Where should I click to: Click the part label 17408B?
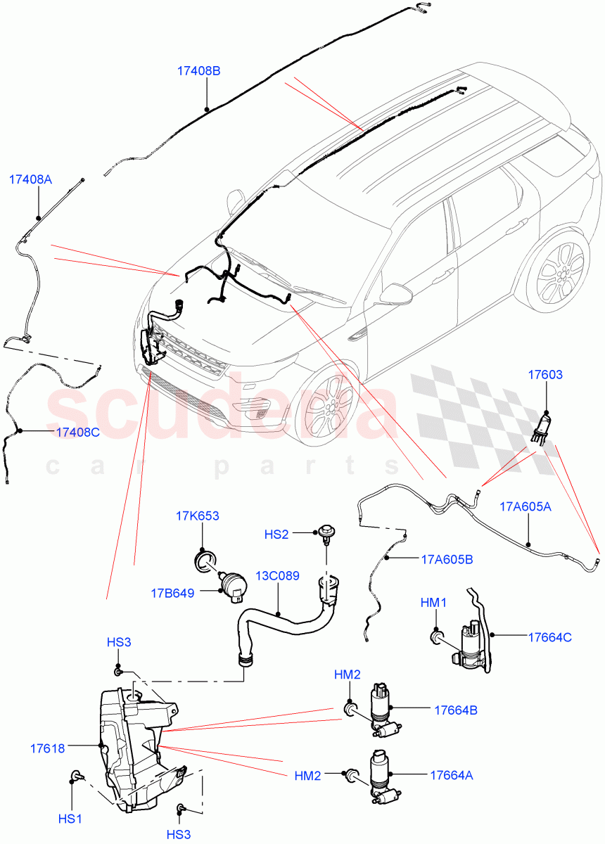pyautogui.click(x=199, y=71)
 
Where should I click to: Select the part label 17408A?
pyautogui.click(x=30, y=179)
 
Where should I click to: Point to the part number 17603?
pyautogui.click(x=545, y=375)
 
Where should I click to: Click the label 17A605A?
pyautogui.click(x=526, y=506)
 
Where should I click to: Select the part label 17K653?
pyautogui.click(x=197, y=516)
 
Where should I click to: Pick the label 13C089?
pyautogui.click(x=277, y=575)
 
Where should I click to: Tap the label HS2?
pyautogui.click(x=276, y=534)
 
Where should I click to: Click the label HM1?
pyautogui.click(x=433, y=603)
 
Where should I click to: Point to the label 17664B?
pyautogui.click(x=455, y=710)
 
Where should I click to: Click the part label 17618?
pyautogui.click(x=47, y=748)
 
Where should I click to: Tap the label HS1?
pyautogui.click(x=70, y=819)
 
